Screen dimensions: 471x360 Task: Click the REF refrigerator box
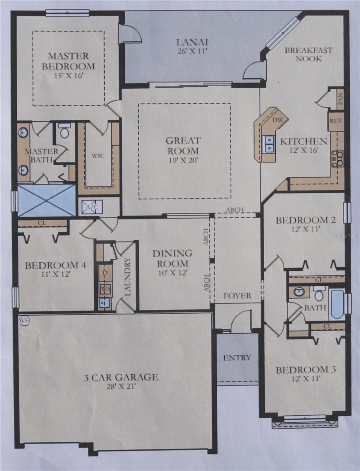[x=336, y=121]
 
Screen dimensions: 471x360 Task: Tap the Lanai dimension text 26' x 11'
[x=192, y=51]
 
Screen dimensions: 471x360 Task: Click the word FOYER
[x=237, y=296]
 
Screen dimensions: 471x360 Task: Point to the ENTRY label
[x=237, y=358]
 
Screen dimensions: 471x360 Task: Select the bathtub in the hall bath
[x=337, y=304]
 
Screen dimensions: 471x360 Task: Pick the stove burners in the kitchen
[x=337, y=159]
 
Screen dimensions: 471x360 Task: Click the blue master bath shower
[x=46, y=200]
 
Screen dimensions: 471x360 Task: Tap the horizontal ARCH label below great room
[x=235, y=210]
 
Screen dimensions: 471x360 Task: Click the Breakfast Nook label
[x=309, y=54]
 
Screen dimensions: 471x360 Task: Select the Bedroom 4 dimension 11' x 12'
[x=56, y=274]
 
